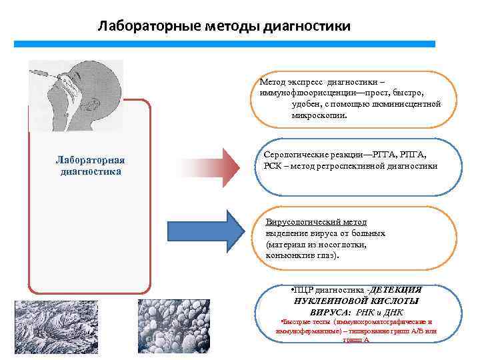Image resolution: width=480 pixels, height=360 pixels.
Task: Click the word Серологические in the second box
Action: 293,154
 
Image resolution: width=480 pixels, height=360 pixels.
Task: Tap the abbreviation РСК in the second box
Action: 265,165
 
